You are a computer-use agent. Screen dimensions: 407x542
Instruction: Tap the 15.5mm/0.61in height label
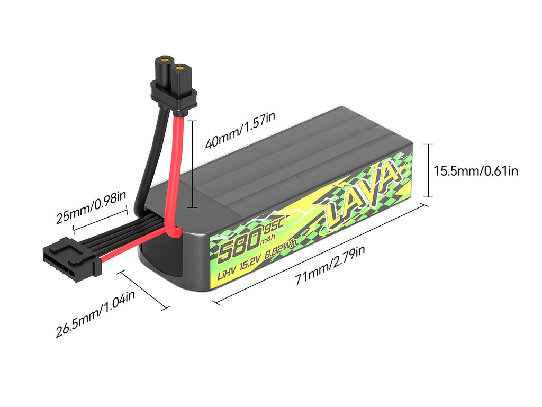coord(475,170)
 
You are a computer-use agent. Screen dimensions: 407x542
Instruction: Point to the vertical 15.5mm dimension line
coord(428,170)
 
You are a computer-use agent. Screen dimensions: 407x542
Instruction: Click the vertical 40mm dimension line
coord(193,164)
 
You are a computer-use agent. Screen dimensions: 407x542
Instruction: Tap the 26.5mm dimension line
coord(146,289)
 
